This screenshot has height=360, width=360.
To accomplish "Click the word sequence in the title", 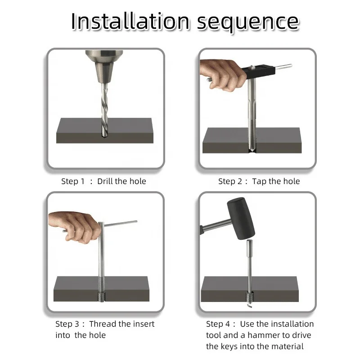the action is (248, 23).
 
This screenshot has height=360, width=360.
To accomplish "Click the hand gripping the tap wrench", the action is (221, 75).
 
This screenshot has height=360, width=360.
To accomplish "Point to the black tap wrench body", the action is (258, 71).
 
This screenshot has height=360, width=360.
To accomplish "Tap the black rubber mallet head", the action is (241, 219).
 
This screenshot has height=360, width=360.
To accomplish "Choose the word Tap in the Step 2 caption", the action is (260, 181).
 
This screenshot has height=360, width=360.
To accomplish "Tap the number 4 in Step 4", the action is (227, 324).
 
